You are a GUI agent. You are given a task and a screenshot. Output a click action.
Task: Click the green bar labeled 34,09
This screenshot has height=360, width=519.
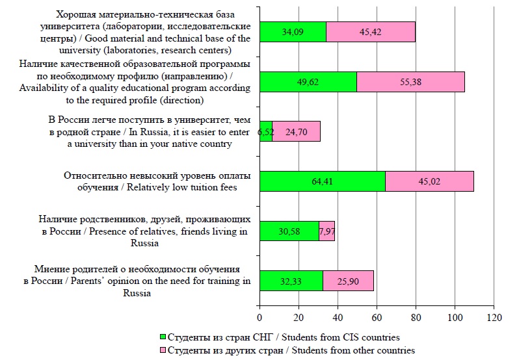292,32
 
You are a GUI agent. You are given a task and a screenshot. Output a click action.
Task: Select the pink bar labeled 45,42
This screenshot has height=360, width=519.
370,32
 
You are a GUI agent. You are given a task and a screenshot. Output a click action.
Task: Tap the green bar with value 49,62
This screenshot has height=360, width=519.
308,82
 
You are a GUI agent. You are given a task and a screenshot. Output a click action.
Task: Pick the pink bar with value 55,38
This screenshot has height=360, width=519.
410,82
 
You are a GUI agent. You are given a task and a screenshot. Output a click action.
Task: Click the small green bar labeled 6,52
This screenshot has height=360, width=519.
265,131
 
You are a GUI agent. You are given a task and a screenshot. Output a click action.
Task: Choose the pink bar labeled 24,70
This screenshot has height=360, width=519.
296,131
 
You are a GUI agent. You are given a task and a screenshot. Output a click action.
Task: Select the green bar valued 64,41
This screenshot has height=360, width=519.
322,181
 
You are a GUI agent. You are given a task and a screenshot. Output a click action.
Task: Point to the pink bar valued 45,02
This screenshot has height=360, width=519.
429,181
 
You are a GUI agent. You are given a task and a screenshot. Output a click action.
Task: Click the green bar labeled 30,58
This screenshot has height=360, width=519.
289,231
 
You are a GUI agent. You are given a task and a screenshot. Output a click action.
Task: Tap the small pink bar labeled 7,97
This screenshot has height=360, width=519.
326,231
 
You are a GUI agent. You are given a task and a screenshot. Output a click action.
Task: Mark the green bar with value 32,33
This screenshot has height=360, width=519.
291,281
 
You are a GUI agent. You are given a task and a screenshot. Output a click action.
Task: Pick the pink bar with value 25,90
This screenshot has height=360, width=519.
348,281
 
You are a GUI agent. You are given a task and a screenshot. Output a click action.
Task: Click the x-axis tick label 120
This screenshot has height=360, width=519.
494,318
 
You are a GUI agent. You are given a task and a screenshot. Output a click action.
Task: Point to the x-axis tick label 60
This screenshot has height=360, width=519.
377,318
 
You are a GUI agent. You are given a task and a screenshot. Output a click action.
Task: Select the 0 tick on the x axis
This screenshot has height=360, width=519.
259,318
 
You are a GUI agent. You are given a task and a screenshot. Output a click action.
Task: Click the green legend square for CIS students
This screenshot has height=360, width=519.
163,337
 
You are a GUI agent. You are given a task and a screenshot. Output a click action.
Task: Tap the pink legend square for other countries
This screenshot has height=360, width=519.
163,350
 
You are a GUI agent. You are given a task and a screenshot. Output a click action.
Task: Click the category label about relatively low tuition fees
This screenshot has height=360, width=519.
150,181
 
